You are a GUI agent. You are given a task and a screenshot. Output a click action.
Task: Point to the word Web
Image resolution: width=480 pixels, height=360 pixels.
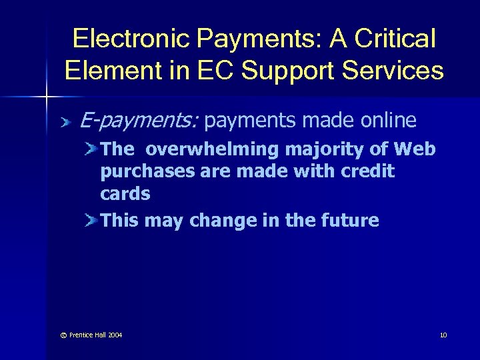pos(417,149)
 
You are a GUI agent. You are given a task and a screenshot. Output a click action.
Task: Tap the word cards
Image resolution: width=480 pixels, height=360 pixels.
pos(125,194)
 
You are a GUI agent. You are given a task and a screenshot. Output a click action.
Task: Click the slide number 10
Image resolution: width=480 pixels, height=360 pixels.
pos(443,334)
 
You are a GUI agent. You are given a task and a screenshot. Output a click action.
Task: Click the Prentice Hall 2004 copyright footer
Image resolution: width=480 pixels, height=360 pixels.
pos(91,334)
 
